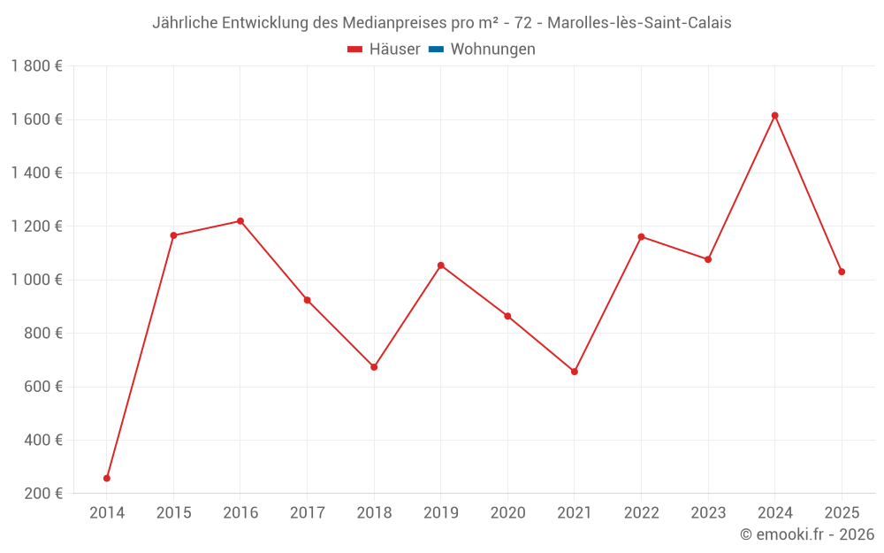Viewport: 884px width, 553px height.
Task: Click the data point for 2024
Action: pos(774,115)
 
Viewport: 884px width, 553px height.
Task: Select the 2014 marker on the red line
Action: pos(107,478)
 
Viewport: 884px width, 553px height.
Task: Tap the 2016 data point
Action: pos(240,221)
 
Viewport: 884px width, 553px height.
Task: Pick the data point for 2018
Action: pos(374,366)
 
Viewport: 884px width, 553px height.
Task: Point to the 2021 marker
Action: pos(575,372)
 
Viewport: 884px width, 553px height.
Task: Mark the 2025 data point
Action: pos(842,272)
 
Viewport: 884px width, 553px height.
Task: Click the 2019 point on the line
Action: pos(441,265)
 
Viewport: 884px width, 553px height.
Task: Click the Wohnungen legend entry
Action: pos(492,50)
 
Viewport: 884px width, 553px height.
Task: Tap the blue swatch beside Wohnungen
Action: pos(436,50)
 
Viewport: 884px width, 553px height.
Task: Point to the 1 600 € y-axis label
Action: pos(36,119)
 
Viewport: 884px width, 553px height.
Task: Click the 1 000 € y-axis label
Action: pos(36,280)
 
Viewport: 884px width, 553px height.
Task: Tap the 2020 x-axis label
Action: pos(507,512)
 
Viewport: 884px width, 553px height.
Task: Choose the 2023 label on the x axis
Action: pos(708,512)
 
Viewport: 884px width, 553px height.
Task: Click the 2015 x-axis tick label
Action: pos(173,512)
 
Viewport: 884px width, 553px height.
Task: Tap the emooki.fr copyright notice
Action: pos(806,534)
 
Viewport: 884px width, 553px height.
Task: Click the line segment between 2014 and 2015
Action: pos(140,357)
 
